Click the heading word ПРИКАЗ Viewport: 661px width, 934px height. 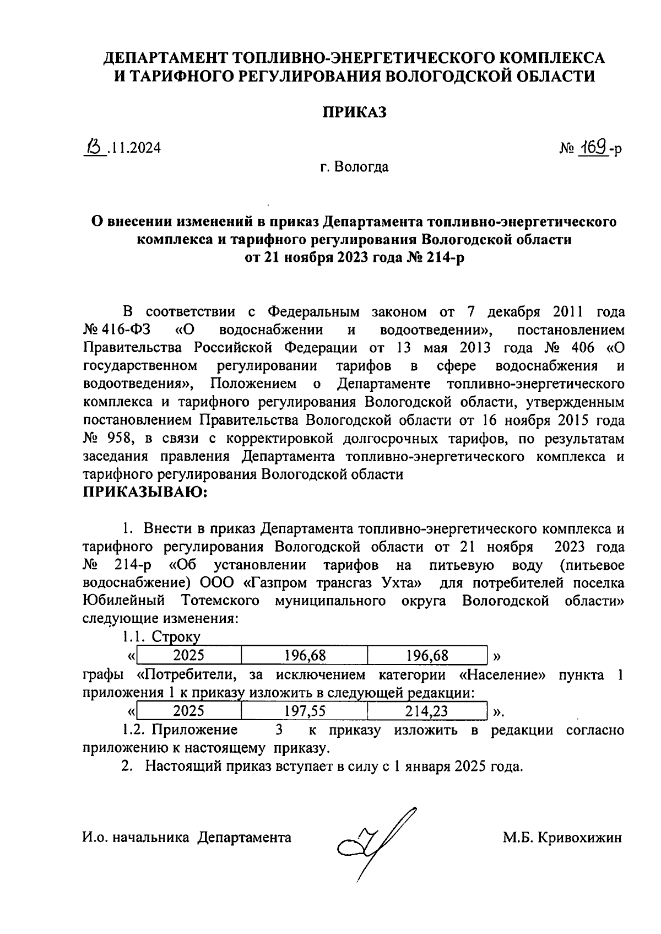pos(354,113)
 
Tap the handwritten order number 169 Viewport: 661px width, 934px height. pos(593,148)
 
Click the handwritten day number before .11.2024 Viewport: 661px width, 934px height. pos(95,147)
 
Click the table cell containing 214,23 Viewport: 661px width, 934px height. pos(427,711)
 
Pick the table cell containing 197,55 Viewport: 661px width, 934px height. pos(305,711)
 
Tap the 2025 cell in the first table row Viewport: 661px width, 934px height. pos(189,655)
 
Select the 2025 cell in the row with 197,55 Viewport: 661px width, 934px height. pos(189,711)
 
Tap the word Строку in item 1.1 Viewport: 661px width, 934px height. pos(176,637)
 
